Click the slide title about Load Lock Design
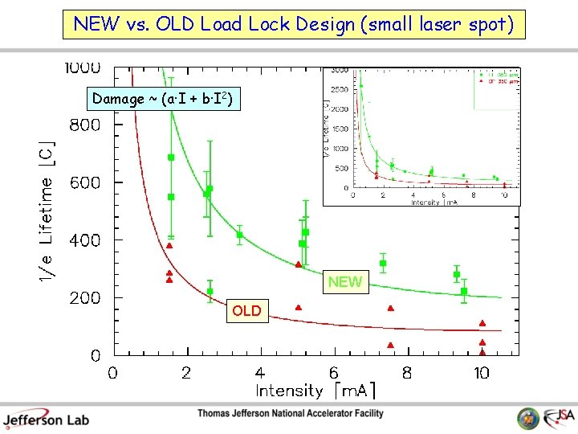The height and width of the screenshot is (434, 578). coord(293,23)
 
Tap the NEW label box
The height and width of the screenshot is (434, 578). coord(345,282)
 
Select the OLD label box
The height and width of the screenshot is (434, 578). coord(246,310)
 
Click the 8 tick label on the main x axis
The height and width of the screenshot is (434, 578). coord(407,373)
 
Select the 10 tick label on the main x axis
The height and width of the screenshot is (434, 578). coord(481,373)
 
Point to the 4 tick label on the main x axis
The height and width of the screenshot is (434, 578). coord(259,373)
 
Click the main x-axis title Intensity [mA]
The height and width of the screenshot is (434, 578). coord(315,391)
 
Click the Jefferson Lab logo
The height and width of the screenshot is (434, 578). coord(46,419)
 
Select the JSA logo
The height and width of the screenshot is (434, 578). coord(559,418)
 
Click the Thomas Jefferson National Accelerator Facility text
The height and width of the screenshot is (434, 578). coord(291,414)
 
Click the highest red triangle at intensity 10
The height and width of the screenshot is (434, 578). coord(482,324)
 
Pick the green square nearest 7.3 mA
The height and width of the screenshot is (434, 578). coord(383,263)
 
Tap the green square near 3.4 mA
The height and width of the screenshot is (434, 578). coord(239,235)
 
